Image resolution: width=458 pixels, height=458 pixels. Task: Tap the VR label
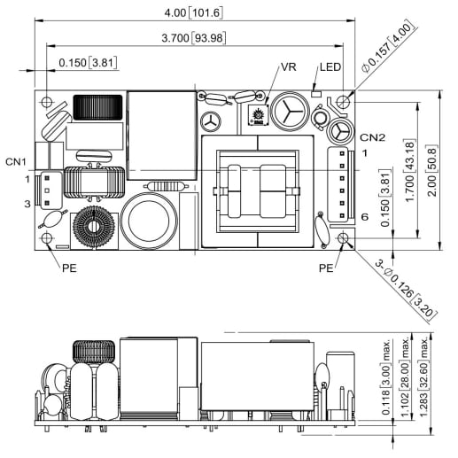pyautogui.click(x=288, y=68)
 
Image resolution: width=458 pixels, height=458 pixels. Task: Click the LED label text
pyautogui.click(x=330, y=68)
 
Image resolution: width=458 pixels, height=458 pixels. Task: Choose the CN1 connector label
pyautogui.click(x=16, y=161)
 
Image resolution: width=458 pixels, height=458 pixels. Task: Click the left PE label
pyautogui.click(x=68, y=265)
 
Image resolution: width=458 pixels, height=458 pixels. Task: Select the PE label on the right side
pyautogui.click(x=326, y=266)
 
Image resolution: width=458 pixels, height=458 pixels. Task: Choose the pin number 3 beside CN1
pyautogui.click(x=27, y=204)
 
